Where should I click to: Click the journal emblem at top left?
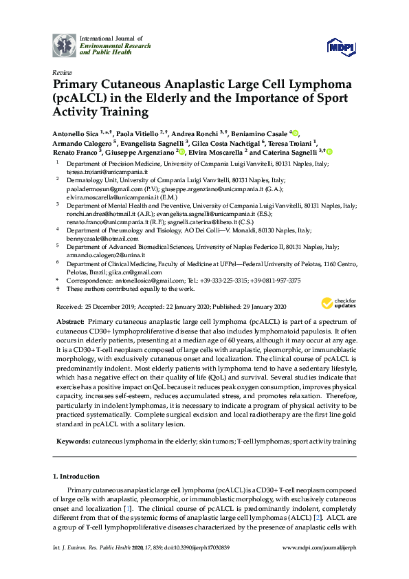pyautogui.click(x=65, y=45)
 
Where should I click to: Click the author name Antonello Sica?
pyautogui.click(x=76, y=132)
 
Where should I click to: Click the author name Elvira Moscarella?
pyautogui.click(x=216, y=151)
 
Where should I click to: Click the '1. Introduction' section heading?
pyautogui.click(x=76, y=476)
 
